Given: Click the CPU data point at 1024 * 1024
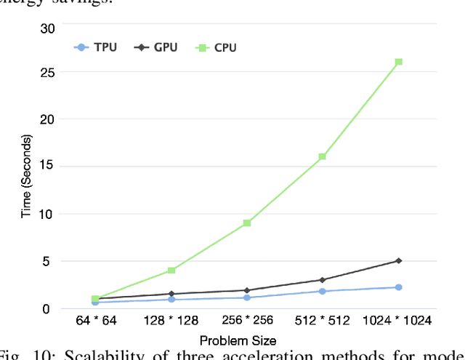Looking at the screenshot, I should tap(399, 62).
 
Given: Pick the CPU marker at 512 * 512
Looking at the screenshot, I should tap(323, 156).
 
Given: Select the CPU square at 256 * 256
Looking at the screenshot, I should tap(247, 223).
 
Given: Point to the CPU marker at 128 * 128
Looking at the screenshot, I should tap(171, 270).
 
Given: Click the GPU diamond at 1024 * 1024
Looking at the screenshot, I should tap(399, 260).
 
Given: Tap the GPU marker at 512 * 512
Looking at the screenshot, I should tap(323, 279).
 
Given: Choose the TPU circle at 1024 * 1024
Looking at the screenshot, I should tap(399, 287).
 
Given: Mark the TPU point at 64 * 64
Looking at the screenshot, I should tap(95, 302).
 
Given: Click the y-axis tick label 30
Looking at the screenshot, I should tap(47, 28).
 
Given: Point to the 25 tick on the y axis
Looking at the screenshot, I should tap(47, 74).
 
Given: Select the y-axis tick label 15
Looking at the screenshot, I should tap(47, 167).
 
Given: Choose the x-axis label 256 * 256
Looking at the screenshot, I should tap(247, 321).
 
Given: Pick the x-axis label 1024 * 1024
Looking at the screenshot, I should tap(399, 321).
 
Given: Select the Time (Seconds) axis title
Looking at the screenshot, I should tap(26, 176).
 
